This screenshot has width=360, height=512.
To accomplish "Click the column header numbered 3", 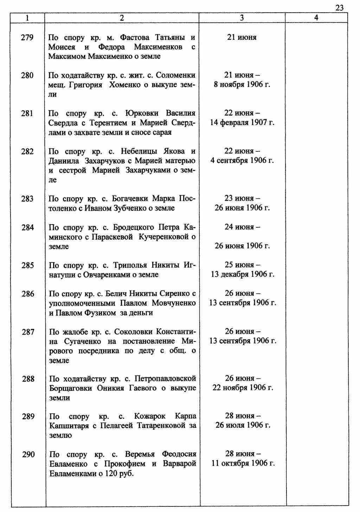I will (x=242, y=18).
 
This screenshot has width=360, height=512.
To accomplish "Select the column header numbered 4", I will (x=316, y=18).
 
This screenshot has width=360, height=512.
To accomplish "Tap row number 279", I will (x=27, y=37).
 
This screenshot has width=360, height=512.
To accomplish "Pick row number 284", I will (x=27, y=227).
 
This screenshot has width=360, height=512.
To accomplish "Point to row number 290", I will (x=28, y=454).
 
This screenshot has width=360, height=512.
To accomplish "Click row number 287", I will (x=28, y=332).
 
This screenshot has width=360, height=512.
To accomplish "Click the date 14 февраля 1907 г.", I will (x=242, y=123).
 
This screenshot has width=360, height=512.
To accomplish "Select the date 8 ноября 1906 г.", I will (x=242, y=85).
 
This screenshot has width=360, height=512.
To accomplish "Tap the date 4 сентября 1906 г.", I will (x=242, y=161).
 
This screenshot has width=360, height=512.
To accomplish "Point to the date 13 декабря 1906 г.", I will (x=243, y=274).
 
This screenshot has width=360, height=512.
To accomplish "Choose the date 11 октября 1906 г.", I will (x=243, y=463).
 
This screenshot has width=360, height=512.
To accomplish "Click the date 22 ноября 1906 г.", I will (x=243, y=388).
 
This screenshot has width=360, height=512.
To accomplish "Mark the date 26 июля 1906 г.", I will (x=243, y=425).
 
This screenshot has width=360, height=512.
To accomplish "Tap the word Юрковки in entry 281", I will (x=142, y=113).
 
